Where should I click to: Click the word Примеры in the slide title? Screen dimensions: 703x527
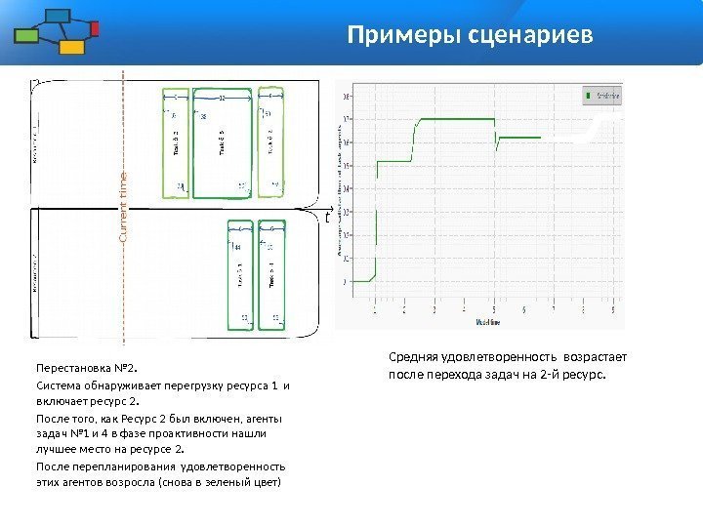click(x=391, y=37)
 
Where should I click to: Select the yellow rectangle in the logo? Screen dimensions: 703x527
click(x=71, y=46)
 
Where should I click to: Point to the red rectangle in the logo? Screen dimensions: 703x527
click(x=95, y=28)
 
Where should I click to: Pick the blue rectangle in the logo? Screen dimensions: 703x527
click(x=59, y=16)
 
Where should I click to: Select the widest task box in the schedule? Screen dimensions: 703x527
click(x=223, y=143)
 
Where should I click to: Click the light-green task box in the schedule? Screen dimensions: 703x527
click(x=176, y=143)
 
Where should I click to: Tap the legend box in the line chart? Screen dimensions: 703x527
click(x=601, y=96)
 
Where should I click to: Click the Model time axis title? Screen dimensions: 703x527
click(x=489, y=320)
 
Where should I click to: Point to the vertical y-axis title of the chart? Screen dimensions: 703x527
click(x=340, y=185)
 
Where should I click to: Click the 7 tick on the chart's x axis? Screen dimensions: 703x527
click(x=554, y=307)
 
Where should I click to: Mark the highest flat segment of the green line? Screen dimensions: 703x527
click(x=456, y=120)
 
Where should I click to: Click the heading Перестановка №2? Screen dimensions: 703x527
click(x=87, y=370)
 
